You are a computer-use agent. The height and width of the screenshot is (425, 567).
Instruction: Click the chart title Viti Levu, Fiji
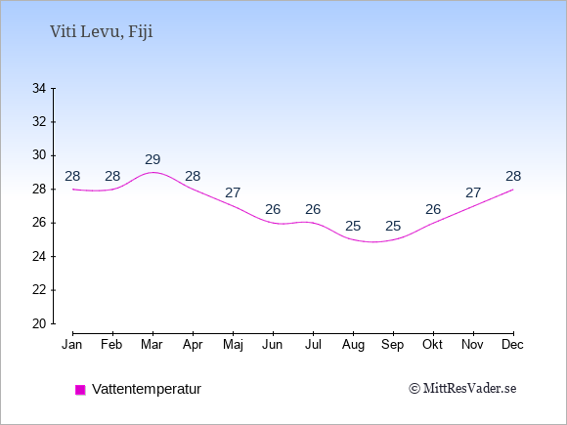coord(102,32)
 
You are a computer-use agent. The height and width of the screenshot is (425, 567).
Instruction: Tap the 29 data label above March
coord(153,159)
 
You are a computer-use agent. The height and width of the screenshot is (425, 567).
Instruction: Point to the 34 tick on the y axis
coord(39,88)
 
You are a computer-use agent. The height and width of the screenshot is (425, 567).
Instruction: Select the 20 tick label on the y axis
coord(39,323)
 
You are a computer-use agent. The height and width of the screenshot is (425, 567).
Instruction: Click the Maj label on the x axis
coord(233,345)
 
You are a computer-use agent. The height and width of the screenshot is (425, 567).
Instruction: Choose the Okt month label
coord(432,345)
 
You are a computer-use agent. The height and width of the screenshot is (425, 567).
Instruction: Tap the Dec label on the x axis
coord(513,345)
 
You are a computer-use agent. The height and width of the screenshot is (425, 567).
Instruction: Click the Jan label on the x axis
coord(72,345)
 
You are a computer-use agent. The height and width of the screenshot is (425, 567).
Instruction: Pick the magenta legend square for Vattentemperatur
coord(80,390)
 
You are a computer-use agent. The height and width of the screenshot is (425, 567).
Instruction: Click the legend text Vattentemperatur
coord(147,389)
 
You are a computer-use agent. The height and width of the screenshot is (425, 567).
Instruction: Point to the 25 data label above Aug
coord(353,227)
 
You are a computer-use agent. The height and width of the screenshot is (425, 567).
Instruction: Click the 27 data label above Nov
coord(473,193)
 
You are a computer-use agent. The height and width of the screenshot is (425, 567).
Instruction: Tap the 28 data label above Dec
coord(513,177)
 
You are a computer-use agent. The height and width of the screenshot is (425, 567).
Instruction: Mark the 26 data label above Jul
coord(313,210)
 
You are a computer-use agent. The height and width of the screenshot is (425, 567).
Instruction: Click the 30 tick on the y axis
coord(39,155)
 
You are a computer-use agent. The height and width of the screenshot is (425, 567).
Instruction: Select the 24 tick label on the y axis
coord(39,257)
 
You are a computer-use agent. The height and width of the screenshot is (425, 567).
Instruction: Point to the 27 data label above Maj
coord(233,193)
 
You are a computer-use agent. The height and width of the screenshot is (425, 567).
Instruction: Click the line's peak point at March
coord(153,172)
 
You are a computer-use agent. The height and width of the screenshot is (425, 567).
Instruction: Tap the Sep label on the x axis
coord(393,345)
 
